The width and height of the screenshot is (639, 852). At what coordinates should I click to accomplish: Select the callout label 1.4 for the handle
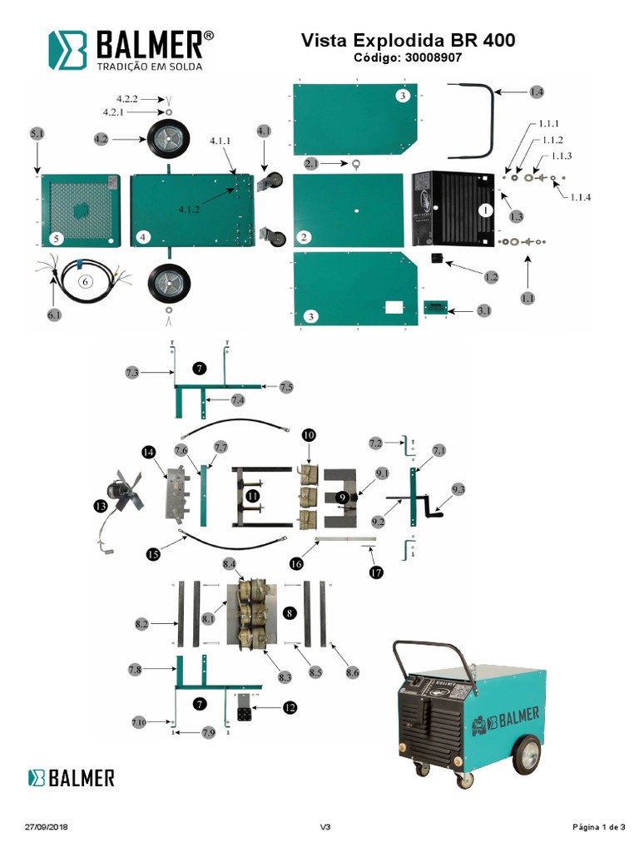[537, 92]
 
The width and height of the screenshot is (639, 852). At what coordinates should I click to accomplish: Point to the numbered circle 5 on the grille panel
[55, 238]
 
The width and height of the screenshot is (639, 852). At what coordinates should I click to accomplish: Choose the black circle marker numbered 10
[309, 435]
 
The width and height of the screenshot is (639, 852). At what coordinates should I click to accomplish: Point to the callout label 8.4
[230, 564]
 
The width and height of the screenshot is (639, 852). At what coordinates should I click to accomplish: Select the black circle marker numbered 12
[289, 708]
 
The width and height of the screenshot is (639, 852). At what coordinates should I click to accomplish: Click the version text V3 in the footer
[325, 827]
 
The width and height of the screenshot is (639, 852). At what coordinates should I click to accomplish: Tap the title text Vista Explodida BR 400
[408, 40]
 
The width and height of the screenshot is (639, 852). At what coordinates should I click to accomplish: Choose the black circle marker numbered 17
[376, 572]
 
